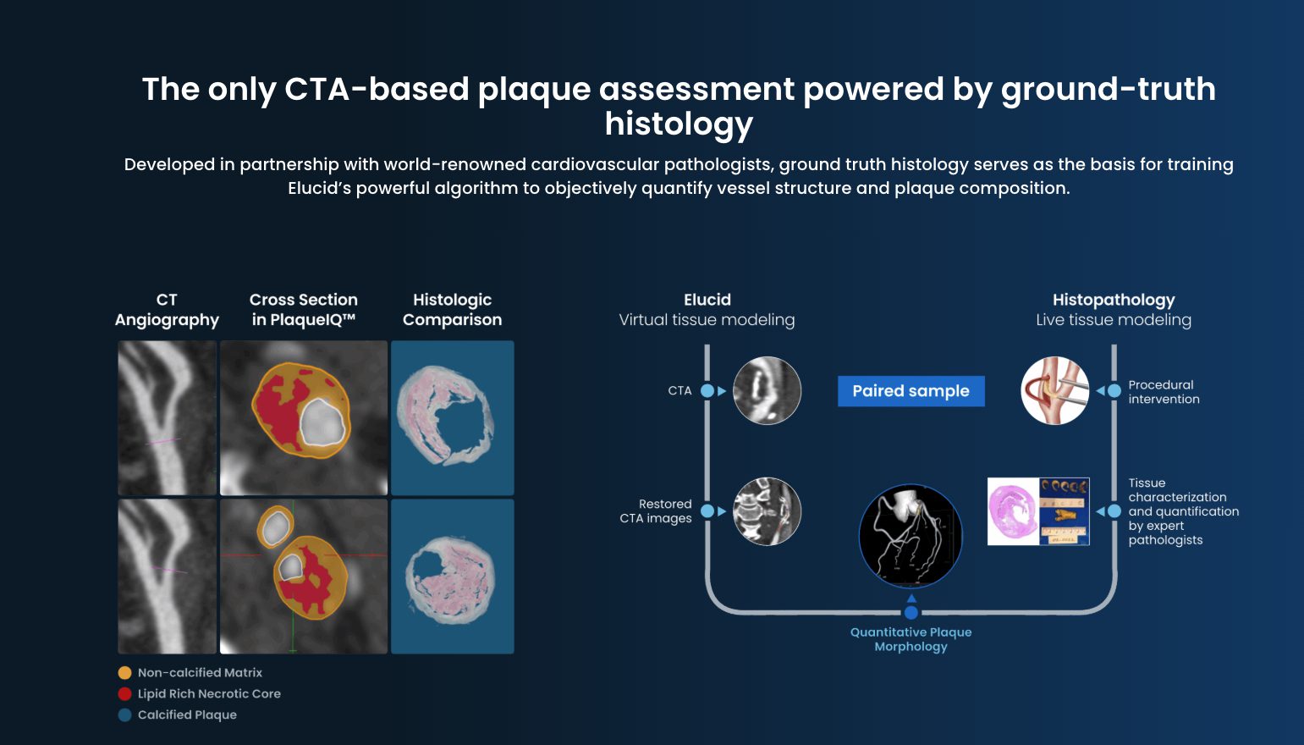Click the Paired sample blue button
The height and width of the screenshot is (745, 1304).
(x=911, y=391)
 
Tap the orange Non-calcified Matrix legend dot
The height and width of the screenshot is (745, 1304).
(x=125, y=673)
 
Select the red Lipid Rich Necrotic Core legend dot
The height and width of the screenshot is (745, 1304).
(x=125, y=694)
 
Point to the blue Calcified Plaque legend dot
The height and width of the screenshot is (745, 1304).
(x=125, y=715)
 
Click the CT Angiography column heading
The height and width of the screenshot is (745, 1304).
(x=167, y=310)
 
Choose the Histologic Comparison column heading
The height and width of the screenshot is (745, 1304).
(x=452, y=310)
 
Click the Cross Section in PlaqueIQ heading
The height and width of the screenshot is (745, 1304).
(x=303, y=310)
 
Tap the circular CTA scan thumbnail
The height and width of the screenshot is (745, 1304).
(x=767, y=390)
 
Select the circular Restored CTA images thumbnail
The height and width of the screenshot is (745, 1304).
(x=767, y=511)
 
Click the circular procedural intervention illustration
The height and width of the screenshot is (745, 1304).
(x=1054, y=390)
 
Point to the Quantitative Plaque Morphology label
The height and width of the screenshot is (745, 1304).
(x=911, y=639)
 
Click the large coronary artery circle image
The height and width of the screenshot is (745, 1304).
(x=911, y=536)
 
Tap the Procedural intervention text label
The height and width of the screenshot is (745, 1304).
(x=1164, y=392)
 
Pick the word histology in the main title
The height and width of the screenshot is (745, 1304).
(x=679, y=124)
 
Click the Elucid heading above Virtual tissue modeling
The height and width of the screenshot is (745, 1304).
(x=707, y=300)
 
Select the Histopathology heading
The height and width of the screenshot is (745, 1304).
(x=1114, y=300)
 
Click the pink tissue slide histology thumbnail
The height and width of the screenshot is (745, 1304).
(x=1014, y=511)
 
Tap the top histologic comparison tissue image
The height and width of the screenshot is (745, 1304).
(x=452, y=417)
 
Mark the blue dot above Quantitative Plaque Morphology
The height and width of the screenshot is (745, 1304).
(x=911, y=613)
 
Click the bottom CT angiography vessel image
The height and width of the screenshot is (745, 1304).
(x=167, y=576)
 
